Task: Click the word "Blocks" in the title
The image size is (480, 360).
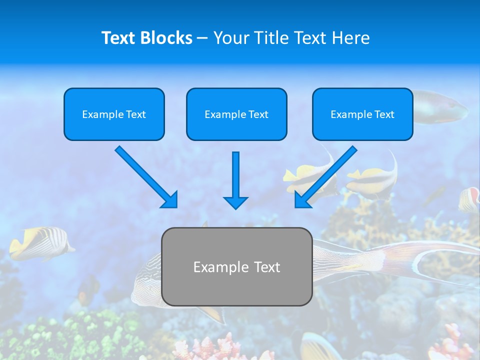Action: point(166,38)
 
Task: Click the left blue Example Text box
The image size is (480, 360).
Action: point(114,114)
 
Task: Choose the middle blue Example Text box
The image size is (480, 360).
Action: point(236,114)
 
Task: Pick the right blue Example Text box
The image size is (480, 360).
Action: point(362,114)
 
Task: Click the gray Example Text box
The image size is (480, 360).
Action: point(236,266)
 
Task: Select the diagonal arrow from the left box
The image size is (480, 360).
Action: point(145,176)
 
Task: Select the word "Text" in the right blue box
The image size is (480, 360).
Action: point(384,114)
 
